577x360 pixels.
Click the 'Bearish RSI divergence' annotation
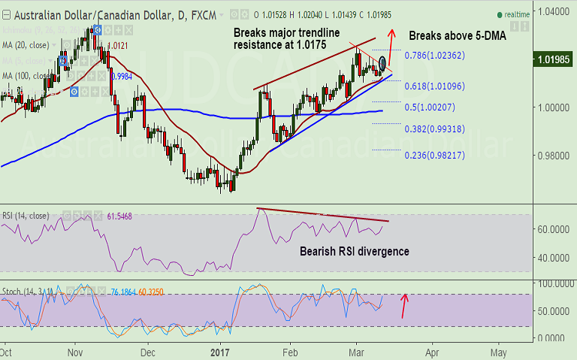click(x=355, y=251)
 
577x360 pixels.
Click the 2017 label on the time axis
click(x=220, y=350)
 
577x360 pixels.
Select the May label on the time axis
click(x=498, y=350)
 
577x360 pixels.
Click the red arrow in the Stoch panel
click(x=406, y=305)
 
